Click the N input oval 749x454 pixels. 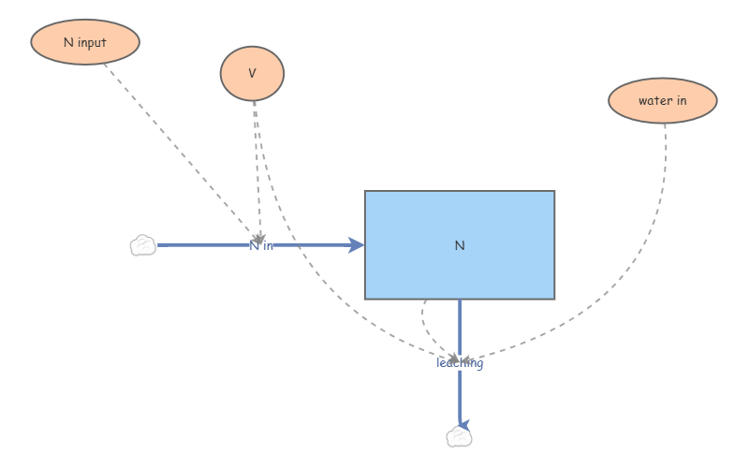pyautogui.click(x=85, y=42)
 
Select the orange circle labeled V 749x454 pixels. pyautogui.click(x=252, y=74)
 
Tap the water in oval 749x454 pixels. pyautogui.click(x=663, y=101)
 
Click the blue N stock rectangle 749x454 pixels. pyautogui.click(x=460, y=245)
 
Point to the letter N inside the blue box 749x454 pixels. pyautogui.click(x=460, y=245)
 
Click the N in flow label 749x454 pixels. pyautogui.click(x=261, y=246)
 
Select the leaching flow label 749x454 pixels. pyautogui.click(x=460, y=363)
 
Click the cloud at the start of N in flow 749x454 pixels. pyautogui.click(x=143, y=245)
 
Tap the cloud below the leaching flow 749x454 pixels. pyautogui.click(x=459, y=436)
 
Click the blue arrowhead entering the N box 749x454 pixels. pyautogui.click(x=356, y=245)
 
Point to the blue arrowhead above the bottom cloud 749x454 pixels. pyautogui.click(x=463, y=424)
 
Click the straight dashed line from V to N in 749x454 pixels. pyautogui.click(x=257, y=172)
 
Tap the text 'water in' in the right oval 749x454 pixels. pyautogui.click(x=663, y=101)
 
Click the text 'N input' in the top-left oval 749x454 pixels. pyautogui.click(x=85, y=42)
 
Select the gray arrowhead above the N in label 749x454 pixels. pyautogui.click(x=259, y=239)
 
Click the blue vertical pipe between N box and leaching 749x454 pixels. pyautogui.click(x=460, y=328)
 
